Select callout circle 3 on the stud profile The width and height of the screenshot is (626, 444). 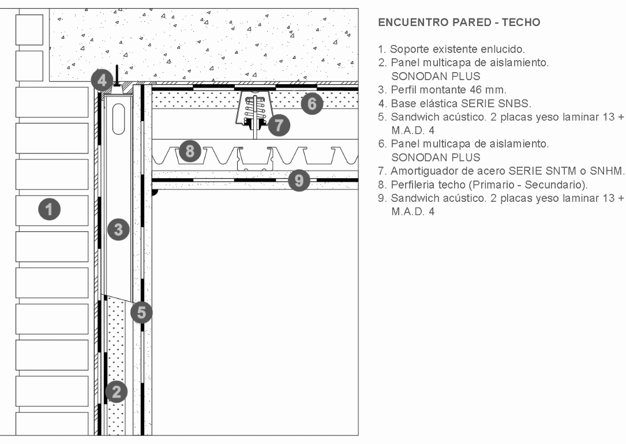pyautogui.click(x=118, y=230)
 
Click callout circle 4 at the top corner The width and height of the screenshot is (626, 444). pyautogui.click(x=102, y=80)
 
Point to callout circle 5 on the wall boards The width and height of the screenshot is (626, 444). pyautogui.click(x=141, y=313)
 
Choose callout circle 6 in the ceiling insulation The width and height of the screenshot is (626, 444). pyautogui.click(x=312, y=104)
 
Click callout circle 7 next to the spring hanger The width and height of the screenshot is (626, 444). pyautogui.click(x=280, y=124)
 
